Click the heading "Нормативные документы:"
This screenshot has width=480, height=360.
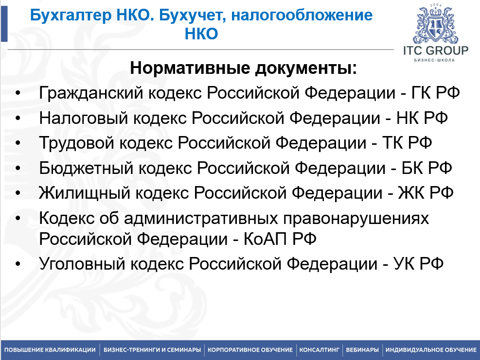(x=243, y=68)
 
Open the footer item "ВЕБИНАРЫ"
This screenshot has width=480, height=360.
(x=362, y=350)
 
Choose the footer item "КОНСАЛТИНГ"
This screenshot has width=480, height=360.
(x=319, y=350)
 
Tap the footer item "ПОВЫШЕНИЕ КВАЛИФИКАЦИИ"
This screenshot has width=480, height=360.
(x=50, y=350)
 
